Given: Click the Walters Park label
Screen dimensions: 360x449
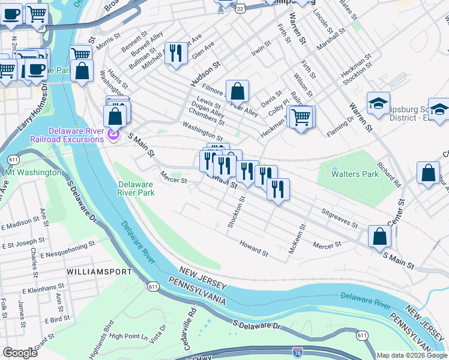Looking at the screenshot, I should pyautogui.click(x=355, y=174).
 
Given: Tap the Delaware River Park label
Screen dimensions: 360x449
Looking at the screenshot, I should pyautogui.click(x=136, y=188).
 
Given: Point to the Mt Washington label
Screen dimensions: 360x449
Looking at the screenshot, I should pyautogui.click(x=33, y=172).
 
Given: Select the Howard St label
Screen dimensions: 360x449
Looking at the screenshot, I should pyautogui.click(x=254, y=248).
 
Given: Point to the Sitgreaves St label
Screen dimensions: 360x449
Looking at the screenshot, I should pyautogui.click(x=339, y=218).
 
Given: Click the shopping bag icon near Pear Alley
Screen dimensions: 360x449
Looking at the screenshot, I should pyautogui.click(x=238, y=92).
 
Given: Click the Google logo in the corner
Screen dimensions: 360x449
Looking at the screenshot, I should pyautogui.click(x=20, y=353).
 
